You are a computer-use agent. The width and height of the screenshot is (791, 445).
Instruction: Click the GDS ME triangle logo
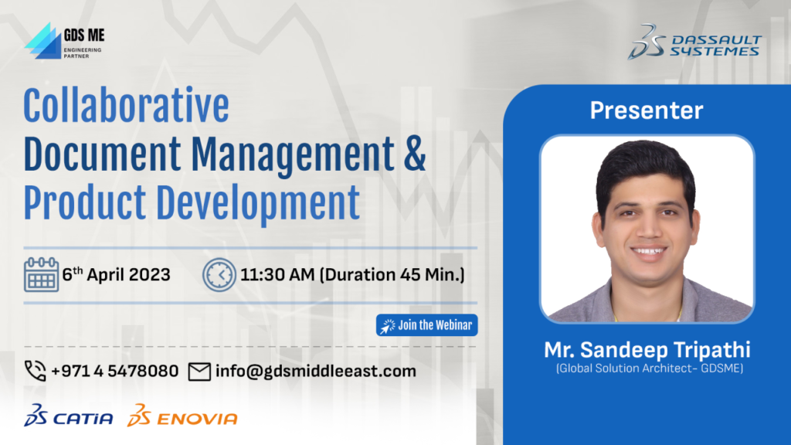tap(43, 42)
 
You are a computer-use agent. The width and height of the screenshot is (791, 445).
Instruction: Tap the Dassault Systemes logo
tap(694, 42)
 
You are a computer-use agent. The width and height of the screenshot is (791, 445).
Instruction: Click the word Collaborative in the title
tap(126, 105)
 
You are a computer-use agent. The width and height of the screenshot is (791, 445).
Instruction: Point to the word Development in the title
tap(258, 203)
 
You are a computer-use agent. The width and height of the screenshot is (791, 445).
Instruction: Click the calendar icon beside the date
tap(42, 274)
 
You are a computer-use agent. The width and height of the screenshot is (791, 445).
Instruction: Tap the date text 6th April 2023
tap(116, 274)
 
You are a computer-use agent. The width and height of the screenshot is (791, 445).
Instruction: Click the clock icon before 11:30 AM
tap(219, 275)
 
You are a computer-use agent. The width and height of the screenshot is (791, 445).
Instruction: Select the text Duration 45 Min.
tap(392, 274)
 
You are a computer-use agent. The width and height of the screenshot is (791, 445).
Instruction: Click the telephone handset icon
tap(36, 371)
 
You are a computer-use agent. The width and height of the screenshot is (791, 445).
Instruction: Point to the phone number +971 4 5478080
tap(115, 371)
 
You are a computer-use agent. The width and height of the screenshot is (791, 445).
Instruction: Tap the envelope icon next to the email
tap(199, 372)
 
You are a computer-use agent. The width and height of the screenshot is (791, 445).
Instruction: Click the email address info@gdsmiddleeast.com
tap(316, 372)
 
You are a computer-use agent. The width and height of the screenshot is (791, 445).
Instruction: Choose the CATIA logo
tap(69, 416)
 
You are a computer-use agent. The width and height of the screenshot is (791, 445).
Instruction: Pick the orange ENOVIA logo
tap(182, 416)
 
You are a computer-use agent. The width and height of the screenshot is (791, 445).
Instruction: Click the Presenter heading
tap(647, 110)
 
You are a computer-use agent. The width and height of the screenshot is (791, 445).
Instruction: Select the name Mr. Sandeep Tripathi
tap(647, 350)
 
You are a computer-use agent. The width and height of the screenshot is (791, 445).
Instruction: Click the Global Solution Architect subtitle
tap(649, 369)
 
